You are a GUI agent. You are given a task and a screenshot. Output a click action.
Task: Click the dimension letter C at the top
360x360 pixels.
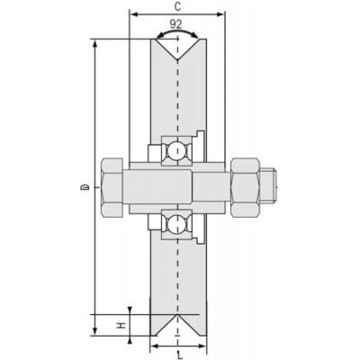pos(177,7)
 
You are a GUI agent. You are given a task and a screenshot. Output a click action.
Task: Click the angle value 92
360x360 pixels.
pos(175,24)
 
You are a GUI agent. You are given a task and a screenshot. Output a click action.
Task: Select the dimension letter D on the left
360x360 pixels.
pos(85,187)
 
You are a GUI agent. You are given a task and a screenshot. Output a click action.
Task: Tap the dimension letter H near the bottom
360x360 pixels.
pos(121,325)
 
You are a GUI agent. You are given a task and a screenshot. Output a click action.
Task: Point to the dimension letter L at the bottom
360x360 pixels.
pos(179,355)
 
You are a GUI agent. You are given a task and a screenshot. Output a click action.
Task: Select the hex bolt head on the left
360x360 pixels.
pos(112,187)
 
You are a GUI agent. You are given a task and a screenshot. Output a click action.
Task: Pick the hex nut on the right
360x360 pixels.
pos(245,187)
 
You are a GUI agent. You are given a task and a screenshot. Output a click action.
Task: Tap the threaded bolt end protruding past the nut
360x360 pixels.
pos(267,187)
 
